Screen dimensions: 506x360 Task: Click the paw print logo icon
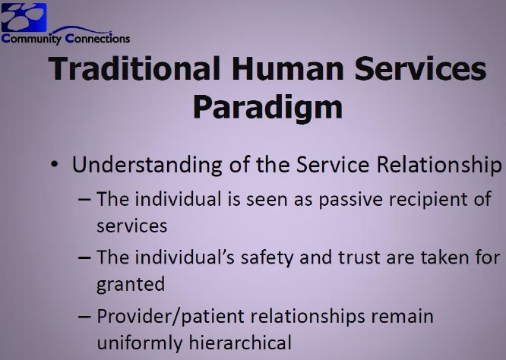[x=24, y=17]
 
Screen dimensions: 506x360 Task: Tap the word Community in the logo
[x=31, y=39]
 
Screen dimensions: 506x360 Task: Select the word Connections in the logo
[x=97, y=39]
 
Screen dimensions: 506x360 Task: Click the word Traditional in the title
[x=134, y=68]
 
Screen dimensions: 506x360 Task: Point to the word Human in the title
[x=288, y=69]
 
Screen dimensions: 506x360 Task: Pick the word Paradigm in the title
[x=267, y=108]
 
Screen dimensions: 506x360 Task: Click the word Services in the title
[x=420, y=69]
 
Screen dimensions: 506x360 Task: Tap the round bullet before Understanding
[x=54, y=164]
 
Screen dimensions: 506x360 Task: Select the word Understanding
[x=147, y=165]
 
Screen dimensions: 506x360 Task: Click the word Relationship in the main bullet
[x=439, y=165]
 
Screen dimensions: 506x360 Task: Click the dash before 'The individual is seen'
[x=84, y=199]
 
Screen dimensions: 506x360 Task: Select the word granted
[x=131, y=285]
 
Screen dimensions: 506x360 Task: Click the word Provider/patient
[x=170, y=317]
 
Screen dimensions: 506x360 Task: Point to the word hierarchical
[x=240, y=343]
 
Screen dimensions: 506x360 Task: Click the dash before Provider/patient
[x=84, y=317]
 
